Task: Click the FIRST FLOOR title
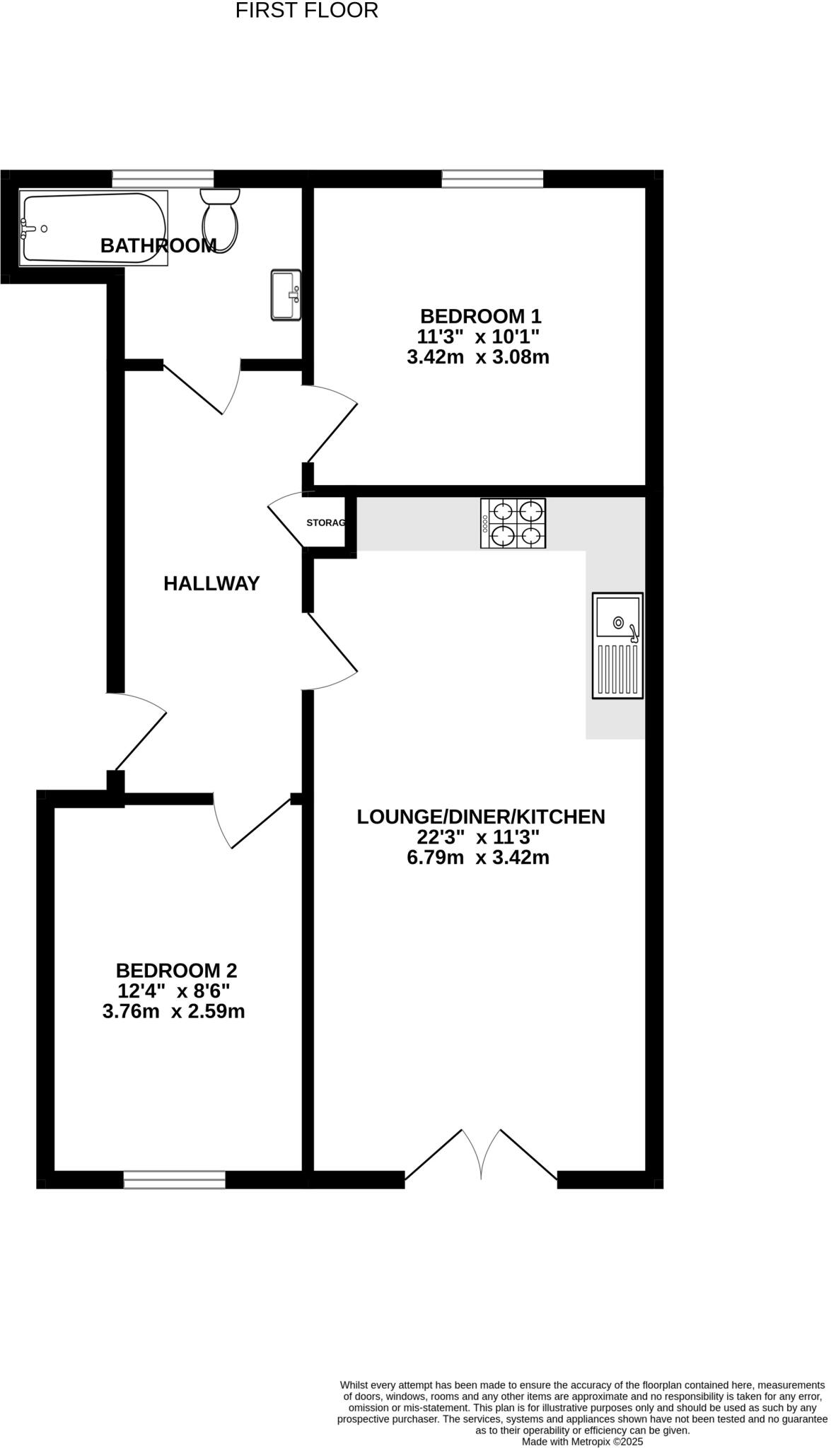pos(306,11)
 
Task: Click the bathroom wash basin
pos(286,295)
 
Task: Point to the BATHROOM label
pos(158,246)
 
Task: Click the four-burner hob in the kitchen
pos(513,523)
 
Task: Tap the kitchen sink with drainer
pos(617,646)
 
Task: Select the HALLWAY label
pos(211,583)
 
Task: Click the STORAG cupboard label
pos(325,523)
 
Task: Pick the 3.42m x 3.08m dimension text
pos(478,357)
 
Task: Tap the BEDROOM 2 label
pos(176,970)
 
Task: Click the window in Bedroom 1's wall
pos(492,179)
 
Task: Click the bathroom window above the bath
pos(163,179)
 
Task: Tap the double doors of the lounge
pos(481,1156)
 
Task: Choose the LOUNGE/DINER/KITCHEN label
pos(481,817)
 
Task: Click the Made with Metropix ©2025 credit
pos(582,1441)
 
